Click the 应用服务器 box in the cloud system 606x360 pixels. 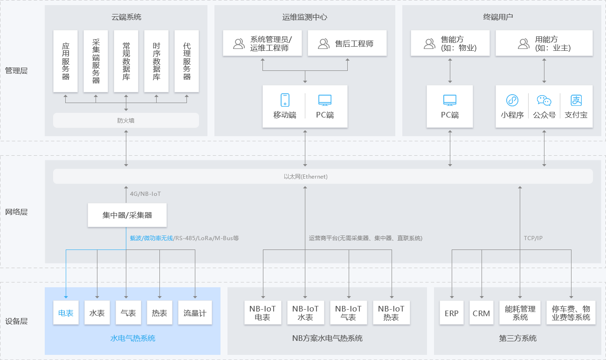click(x=66, y=61)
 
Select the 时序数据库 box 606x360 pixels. click(x=156, y=61)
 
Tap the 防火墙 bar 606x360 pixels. click(x=126, y=120)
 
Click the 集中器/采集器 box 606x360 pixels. click(x=127, y=215)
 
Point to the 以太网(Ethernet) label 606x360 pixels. click(x=305, y=177)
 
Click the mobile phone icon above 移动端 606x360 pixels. click(x=285, y=100)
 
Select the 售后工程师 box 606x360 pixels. click(x=347, y=43)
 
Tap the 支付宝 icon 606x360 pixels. click(x=576, y=100)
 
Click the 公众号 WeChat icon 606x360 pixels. click(x=544, y=100)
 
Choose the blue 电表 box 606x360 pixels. click(x=66, y=313)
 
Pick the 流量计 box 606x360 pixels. click(x=195, y=313)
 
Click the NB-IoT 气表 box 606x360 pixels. click(x=348, y=313)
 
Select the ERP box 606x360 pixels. click(x=451, y=313)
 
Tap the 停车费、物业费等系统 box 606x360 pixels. click(x=571, y=313)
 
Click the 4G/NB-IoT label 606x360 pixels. click(x=145, y=194)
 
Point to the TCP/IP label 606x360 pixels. click(x=533, y=238)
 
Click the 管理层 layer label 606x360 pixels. click(x=16, y=71)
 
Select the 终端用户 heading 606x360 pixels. click(x=498, y=17)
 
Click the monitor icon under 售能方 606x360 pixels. click(x=450, y=100)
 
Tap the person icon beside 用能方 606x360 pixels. click(x=523, y=43)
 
